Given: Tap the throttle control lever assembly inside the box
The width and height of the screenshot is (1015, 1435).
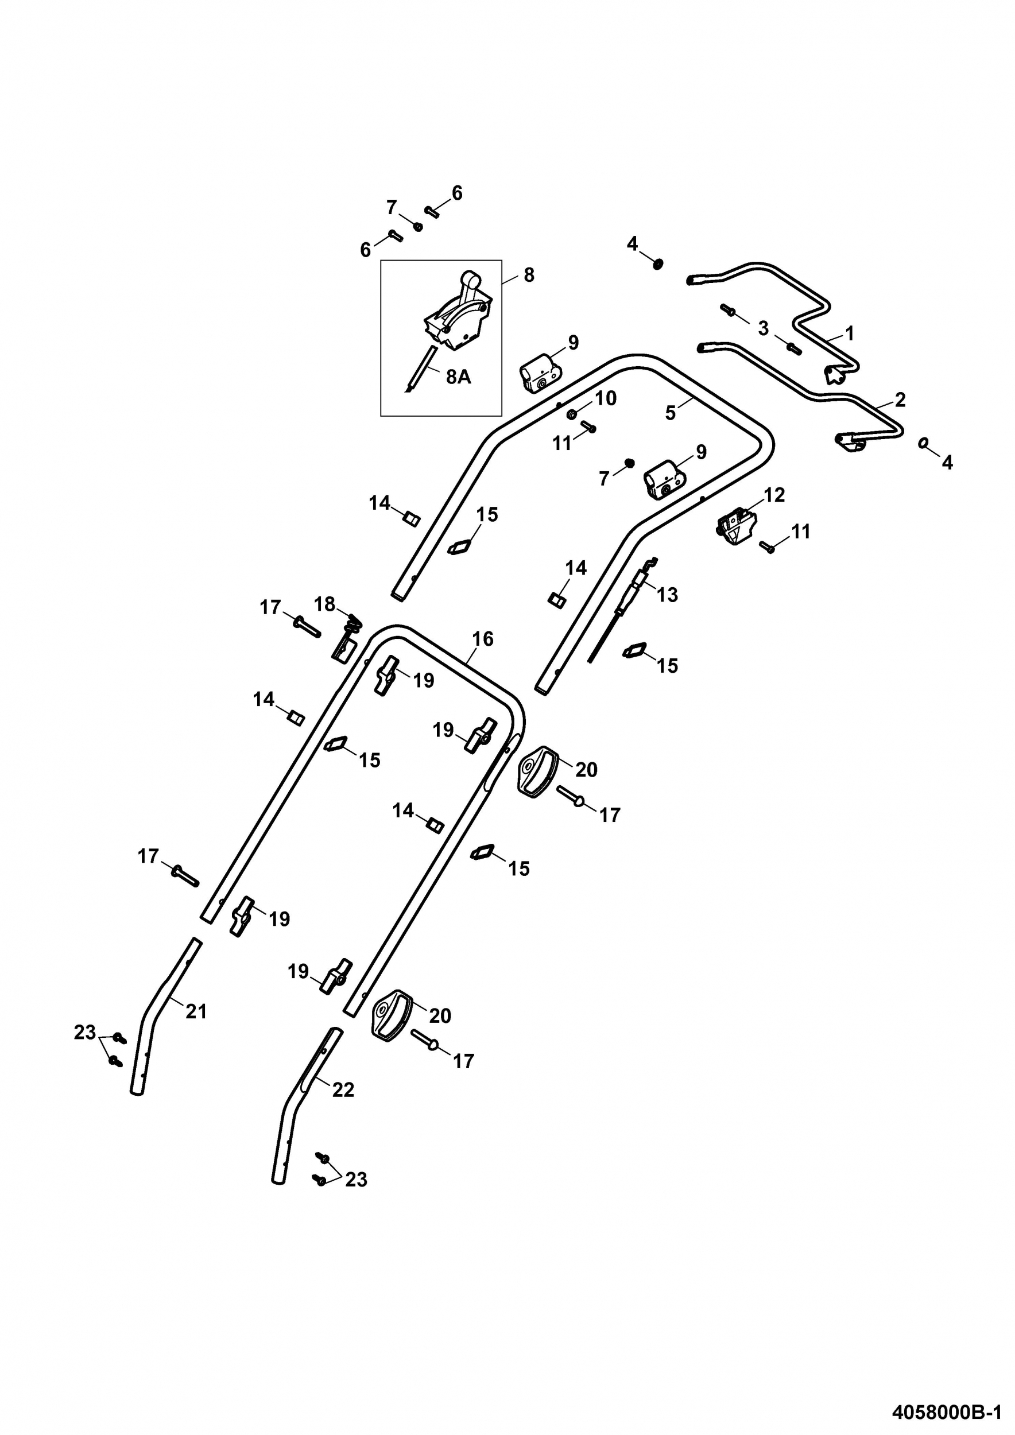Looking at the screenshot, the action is tap(458, 312).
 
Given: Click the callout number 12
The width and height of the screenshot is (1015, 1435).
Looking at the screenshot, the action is tap(774, 494).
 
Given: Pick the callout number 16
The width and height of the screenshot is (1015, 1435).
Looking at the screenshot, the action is tap(482, 639).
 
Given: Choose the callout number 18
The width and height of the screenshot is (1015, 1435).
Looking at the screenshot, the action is tap(324, 604).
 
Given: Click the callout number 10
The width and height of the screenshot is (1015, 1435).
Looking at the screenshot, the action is tap(606, 398).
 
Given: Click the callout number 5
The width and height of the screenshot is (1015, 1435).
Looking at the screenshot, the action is tap(670, 413).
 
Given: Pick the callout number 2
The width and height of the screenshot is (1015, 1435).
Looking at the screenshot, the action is tap(900, 400).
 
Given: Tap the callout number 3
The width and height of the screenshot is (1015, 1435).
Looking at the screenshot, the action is tap(762, 328).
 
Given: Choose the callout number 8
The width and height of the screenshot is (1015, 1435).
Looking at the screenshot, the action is tap(529, 275).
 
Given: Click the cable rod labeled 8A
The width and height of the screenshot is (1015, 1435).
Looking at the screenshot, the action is tap(420, 369).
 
